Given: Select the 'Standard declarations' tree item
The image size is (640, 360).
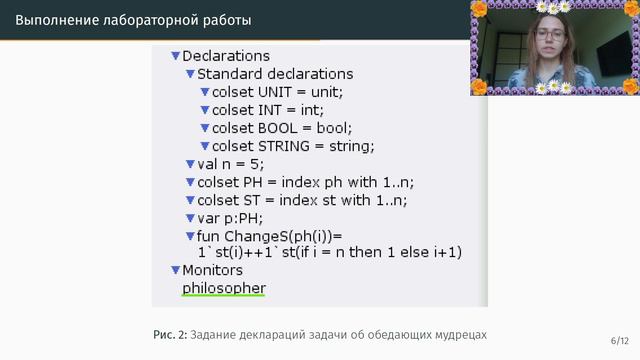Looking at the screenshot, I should coord(275,74).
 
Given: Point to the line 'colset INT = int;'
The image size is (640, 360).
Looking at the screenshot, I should coord(268,110).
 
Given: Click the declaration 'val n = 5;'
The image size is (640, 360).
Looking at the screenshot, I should coord(231,164).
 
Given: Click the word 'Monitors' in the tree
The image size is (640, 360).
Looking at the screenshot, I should coord(212,270).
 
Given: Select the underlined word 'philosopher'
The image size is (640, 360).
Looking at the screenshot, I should coord(224,288).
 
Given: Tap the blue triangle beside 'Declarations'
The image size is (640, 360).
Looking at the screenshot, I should coord(176,56).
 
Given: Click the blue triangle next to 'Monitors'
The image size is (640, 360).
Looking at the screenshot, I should coord(176,270).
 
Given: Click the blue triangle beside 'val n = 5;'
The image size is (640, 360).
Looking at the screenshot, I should coord(190,164).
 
